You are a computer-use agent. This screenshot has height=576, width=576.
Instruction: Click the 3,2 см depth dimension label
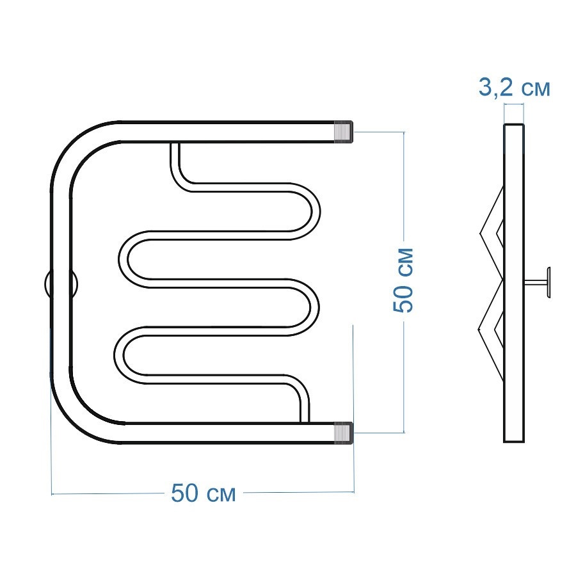coord(515,88)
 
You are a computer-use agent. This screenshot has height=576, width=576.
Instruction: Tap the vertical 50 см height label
coord(403,280)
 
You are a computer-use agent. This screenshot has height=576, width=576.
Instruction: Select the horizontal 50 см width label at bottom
coord(203,493)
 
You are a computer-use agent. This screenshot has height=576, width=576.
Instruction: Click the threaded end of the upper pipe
coord(343,131)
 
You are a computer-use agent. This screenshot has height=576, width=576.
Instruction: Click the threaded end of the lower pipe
coord(343,433)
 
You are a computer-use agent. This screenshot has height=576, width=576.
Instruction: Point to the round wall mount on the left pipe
coord(61,284)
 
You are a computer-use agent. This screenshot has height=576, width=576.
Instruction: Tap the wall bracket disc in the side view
coord(548,283)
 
